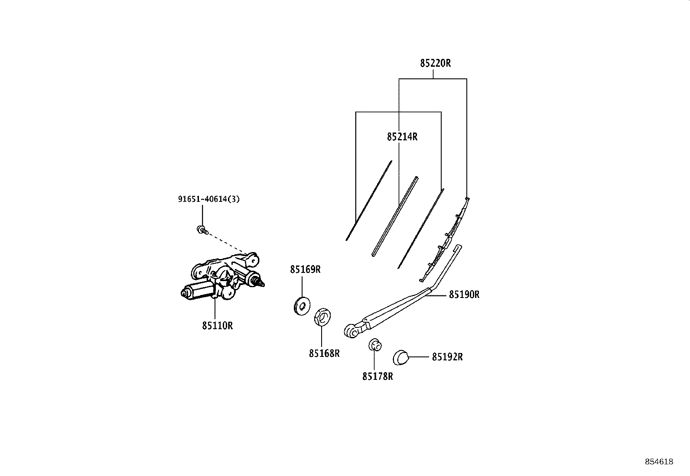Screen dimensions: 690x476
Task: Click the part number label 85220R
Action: pyautogui.click(x=435, y=63)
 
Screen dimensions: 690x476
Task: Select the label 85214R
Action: pyautogui.click(x=402, y=137)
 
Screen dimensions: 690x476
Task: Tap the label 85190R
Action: pyautogui.click(x=464, y=295)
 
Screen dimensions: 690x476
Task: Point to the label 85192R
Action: pyautogui.click(x=447, y=357)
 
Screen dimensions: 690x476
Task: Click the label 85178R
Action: pyautogui.click(x=378, y=376)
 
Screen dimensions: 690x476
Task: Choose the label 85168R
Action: pyautogui.click(x=324, y=353)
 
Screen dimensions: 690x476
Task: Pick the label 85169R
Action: pyautogui.click(x=305, y=270)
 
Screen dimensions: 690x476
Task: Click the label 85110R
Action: pyautogui.click(x=218, y=326)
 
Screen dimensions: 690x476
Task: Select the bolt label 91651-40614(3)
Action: pyautogui.click(x=209, y=199)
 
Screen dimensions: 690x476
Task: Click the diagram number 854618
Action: pyautogui.click(x=659, y=462)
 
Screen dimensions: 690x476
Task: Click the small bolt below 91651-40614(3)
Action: pyautogui.click(x=202, y=230)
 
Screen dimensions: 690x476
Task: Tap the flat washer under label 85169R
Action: pyautogui.click(x=302, y=306)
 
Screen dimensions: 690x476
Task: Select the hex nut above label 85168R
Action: pyautogui.click(x=322, y=316)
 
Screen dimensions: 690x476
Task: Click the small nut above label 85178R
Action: pyautogui.click(x=375, y=345)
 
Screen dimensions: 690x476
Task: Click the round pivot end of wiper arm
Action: pyautogui.click(x=351, y=331)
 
